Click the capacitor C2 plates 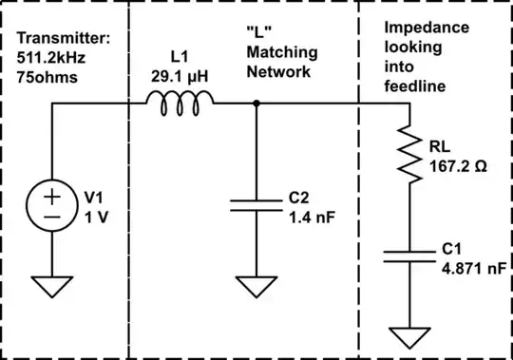[x=257, y=206]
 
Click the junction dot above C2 [x=257, y=104]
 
